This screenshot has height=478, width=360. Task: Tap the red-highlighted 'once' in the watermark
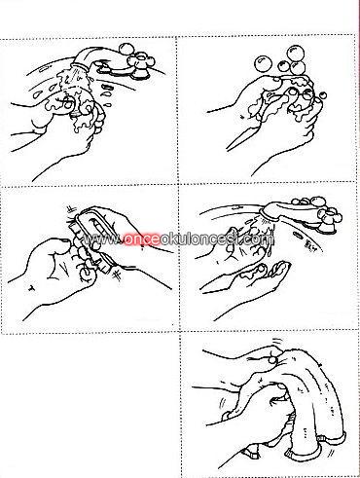pos(141,239)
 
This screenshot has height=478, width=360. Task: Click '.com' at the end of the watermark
pos(259,239)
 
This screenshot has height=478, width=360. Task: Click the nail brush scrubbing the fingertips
pos(90,237)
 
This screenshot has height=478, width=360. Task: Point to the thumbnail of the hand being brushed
pos(64,240)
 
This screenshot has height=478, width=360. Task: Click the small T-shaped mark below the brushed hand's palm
pos(32,287)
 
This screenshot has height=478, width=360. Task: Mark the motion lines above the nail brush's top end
pos(71,209)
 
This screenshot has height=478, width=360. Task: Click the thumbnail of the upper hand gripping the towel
pos(271,359)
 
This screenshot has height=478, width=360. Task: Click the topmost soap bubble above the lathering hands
pos(297,53)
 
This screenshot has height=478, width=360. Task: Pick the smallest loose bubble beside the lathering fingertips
pos(323,95)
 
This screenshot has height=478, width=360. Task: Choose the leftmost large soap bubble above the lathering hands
pos(262,63)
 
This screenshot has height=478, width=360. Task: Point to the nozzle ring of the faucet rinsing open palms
pos(269,217)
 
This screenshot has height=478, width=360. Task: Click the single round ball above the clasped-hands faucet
pos(126,49)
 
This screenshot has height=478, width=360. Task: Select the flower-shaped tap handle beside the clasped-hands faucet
pos(141,61)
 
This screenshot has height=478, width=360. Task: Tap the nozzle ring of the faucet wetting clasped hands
pos(81,67)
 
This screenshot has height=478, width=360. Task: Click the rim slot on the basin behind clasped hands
pos(44,69)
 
